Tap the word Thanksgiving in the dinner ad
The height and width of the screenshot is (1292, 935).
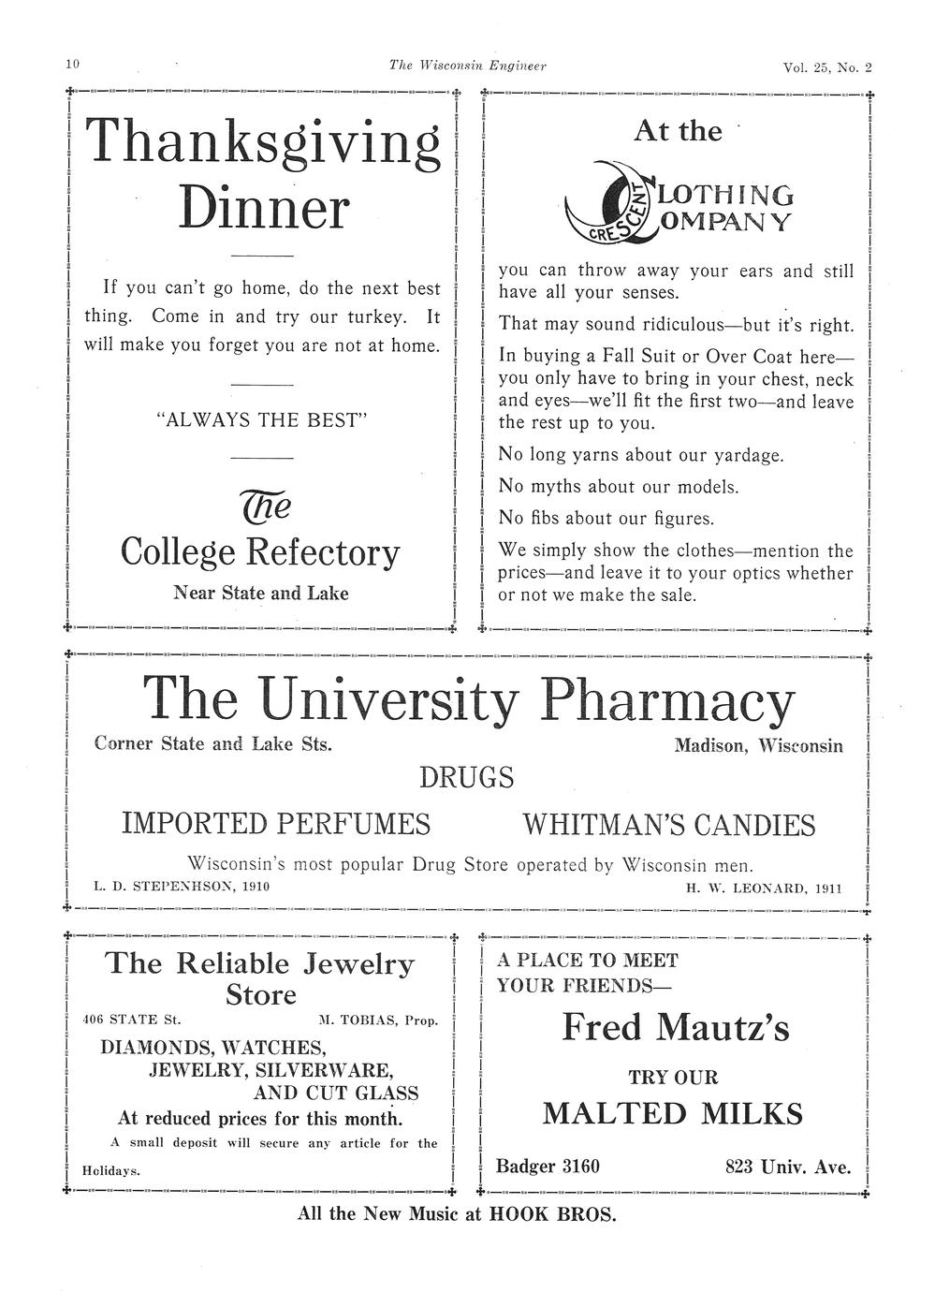point(263,143)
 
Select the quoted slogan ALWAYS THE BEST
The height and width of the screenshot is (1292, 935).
point(262,420)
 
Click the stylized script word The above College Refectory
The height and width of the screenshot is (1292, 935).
point(266,507)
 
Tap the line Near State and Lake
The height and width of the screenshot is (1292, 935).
point(261,593)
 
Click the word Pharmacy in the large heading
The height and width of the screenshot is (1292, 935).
point(667,700)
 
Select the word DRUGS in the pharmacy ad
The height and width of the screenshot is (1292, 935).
point(466,777)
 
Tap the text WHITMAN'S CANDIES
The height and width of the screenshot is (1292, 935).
point(668,825)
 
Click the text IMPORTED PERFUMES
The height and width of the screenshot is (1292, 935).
point(276,824)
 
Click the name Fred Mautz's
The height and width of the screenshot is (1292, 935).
point(675,1028)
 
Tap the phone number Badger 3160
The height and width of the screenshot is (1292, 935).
point(548,1167)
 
